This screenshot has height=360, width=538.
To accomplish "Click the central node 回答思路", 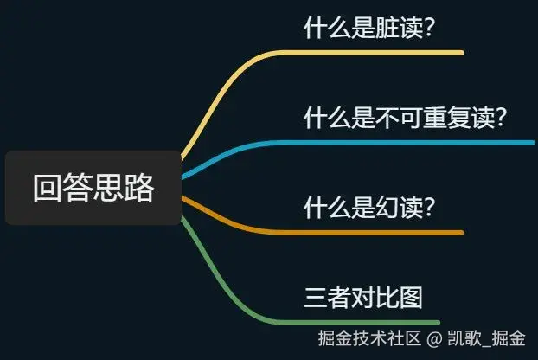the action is click(93, 188).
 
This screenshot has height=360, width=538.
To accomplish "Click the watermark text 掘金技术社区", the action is click(369, 338).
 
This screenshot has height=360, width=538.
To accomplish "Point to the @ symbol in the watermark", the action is click(434, 338).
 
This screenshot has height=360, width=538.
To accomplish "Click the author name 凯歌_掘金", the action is click(486, 338).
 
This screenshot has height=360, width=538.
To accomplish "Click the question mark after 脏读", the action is click(430, 29).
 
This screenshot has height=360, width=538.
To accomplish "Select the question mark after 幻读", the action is click(430, 208).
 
